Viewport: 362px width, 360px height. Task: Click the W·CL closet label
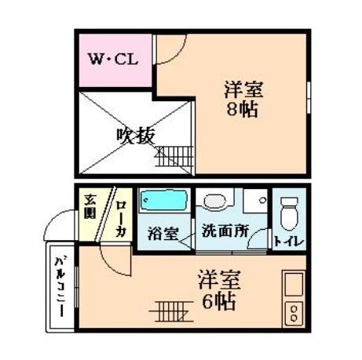tap(113, 59)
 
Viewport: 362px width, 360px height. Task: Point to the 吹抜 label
tap(134, 134)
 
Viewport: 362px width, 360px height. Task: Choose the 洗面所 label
tap(225, 232)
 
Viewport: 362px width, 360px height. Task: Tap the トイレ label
tap(290, 239)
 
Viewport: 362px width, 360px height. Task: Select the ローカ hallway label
tap(121, 219)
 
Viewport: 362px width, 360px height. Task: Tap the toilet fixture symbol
tap(290, 209)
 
